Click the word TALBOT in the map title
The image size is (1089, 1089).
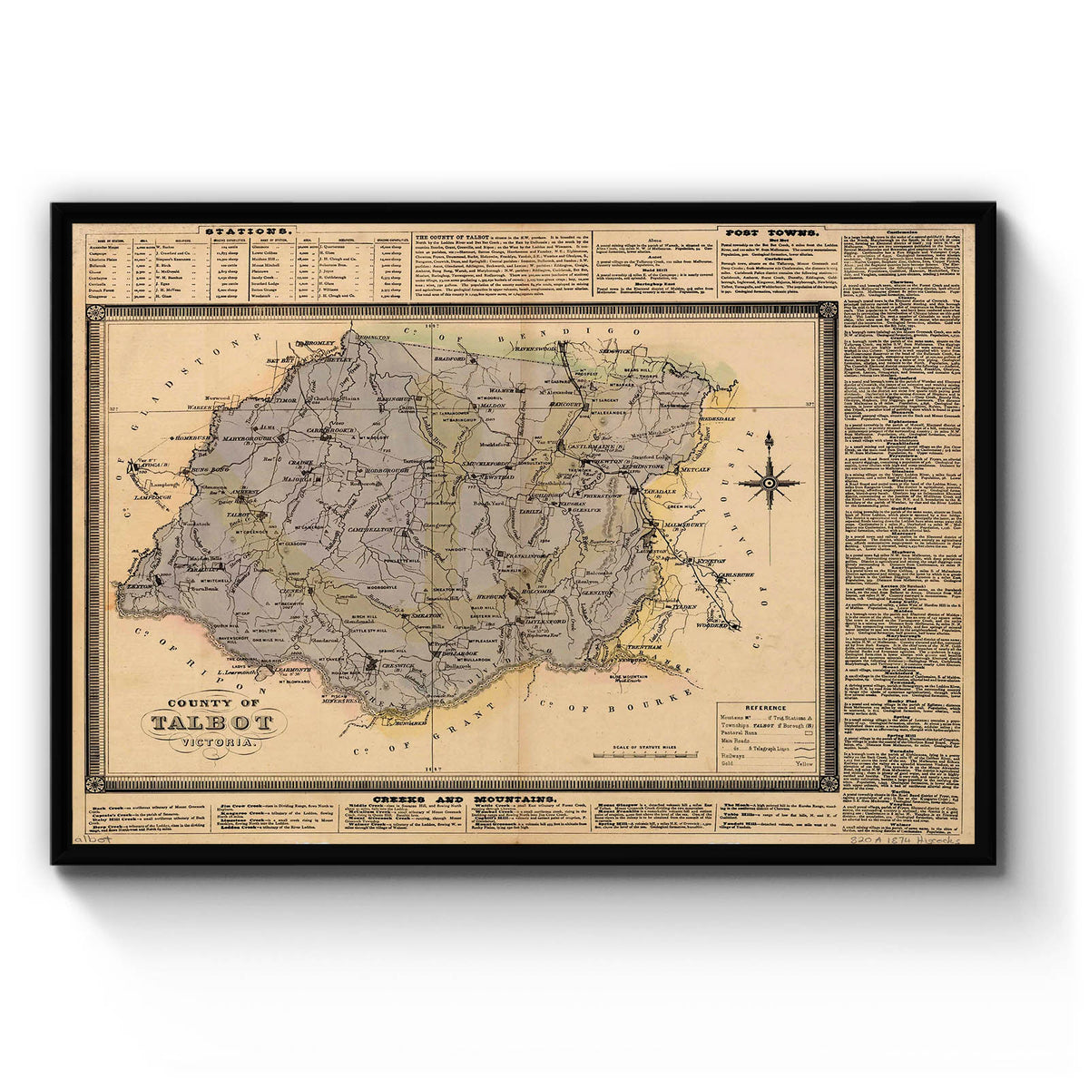pyautogui.click(x=212, y=722)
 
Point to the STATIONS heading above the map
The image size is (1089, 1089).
pyautogui.click(x=250, y=231)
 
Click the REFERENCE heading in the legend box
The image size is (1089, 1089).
pyautogui.click(x=765, y=708)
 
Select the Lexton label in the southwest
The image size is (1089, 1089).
pyautogui.click(x=141, y=587)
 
